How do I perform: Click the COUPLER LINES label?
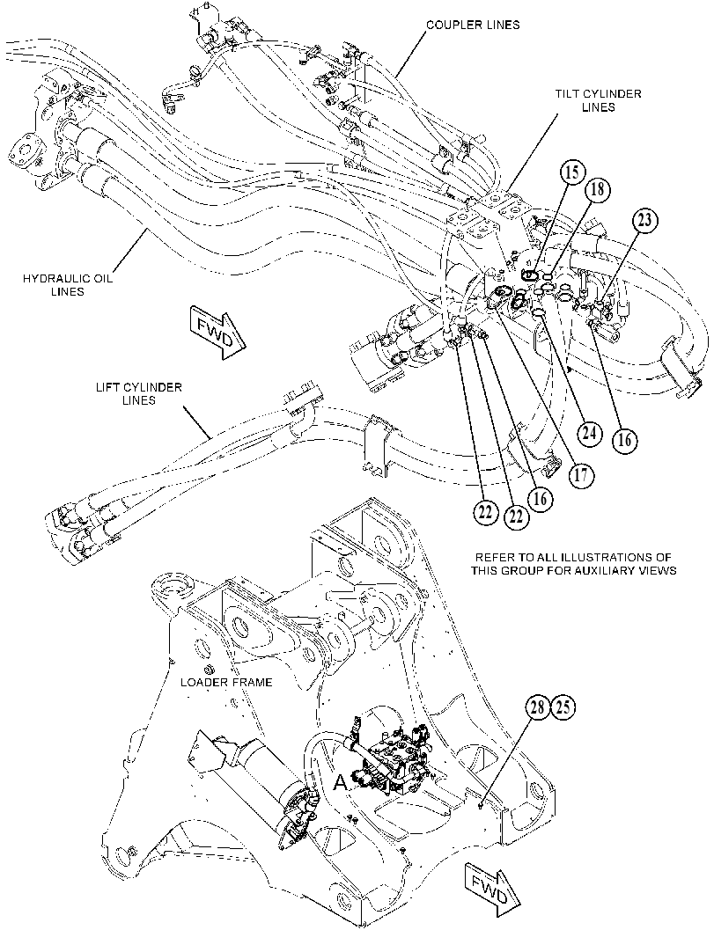click(474, 25)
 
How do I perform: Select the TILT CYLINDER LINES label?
click(598, 101)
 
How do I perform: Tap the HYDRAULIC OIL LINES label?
click(68, 285)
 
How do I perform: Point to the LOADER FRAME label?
click(226, 682)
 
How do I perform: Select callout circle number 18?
click(598, 191)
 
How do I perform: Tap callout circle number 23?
click(645, 221)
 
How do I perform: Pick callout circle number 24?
click(589, 434)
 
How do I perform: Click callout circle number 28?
click(537, 707)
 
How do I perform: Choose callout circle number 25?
click(564, 707)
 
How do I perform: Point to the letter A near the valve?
click(340, 783)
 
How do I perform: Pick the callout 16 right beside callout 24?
click(624, 440)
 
